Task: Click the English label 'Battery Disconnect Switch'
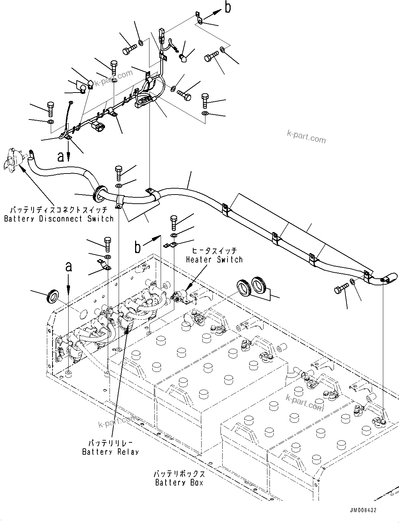[59, 219]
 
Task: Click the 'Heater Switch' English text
[214, 260]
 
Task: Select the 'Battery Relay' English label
[110, 452]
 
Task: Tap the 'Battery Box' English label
[179, 483]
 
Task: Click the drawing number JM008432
[363, 510]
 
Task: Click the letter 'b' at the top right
[228, 7]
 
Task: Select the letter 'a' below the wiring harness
[61, 157]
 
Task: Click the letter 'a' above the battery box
[69, 267]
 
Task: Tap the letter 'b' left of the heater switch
[138, 247]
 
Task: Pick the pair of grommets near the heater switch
[252, 286]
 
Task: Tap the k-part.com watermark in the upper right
[306, 137]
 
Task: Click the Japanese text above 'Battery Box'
[179, 474]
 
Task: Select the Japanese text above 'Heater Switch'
[214, 251]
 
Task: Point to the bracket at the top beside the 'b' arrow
[198, 18]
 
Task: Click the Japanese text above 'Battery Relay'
[110, 443]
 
